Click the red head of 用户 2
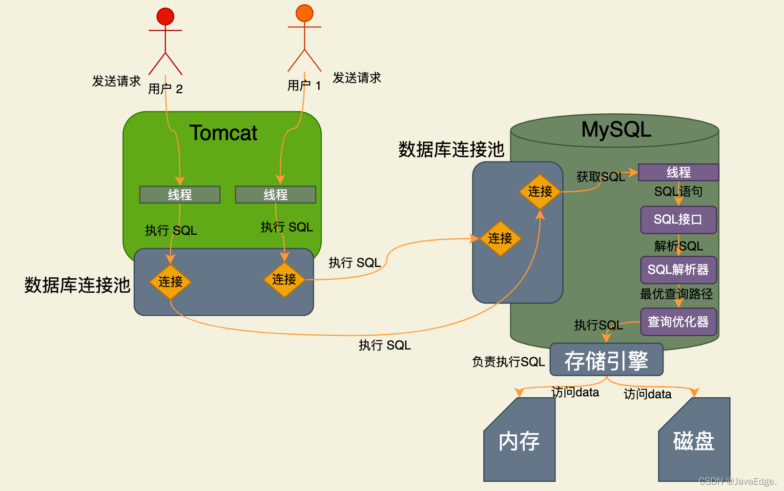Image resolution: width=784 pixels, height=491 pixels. [x=165, y=16]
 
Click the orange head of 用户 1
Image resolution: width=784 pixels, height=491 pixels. [x=304, y=13]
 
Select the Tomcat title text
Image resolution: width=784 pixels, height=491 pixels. [x=223, y=133]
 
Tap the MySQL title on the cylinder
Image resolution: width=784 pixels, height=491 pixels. [x=616, y=129]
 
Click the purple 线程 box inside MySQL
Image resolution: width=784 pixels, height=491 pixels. [x=679, y=172]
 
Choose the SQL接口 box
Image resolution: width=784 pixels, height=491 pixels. [x=679, y=220]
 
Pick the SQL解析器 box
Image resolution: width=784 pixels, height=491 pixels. [x=679, y=270]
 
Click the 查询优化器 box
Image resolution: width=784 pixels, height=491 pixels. [x=679, y=322]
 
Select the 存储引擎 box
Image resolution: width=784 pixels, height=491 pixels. [x=606, y=360]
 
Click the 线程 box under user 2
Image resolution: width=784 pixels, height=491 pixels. [x=180, y=195]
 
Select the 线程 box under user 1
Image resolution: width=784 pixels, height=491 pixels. [x=275, y=195]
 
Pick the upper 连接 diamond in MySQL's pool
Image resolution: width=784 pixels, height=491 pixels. [x=540, y=191]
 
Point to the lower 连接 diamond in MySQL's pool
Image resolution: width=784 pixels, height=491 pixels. [x=500, y=238]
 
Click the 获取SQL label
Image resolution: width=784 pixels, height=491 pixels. [x=600, y=177]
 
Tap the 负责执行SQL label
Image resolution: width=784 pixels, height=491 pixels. [x=508, y=362]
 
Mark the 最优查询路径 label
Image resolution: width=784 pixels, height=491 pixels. [x=677, y=294]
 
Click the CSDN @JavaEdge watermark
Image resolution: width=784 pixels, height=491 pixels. [x=737, y=481]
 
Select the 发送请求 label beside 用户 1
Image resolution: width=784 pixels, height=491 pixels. [x=357, y=78]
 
